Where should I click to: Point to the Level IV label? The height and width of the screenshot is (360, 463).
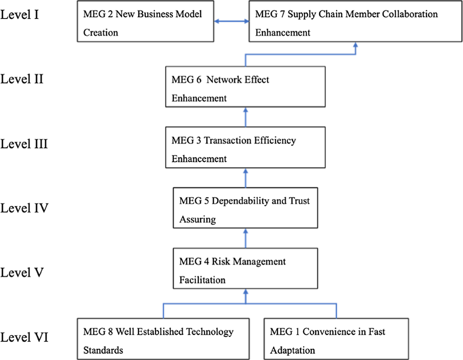(x=25, y=208)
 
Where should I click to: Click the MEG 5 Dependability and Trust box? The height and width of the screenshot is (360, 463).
(x=245, y=208)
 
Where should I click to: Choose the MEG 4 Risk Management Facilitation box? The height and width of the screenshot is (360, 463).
(x=245, y=268)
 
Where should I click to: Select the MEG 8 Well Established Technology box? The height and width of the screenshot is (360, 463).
(x=163, y=339)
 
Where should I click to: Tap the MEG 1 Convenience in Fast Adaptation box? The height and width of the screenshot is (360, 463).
(x=336, y=339)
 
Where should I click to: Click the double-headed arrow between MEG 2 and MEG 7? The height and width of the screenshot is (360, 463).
(x=231, y=22)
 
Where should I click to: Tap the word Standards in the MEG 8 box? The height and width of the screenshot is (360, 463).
(x=103, y=350)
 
